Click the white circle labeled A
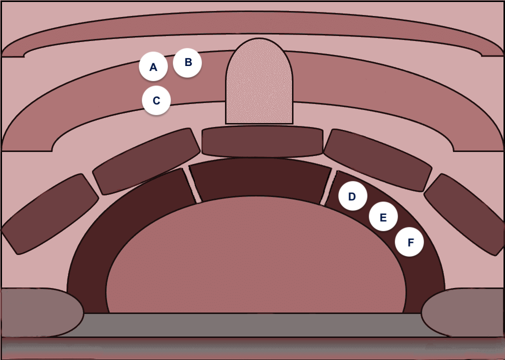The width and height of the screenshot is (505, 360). coord(153,66)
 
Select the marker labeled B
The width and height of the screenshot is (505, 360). coord(187,63)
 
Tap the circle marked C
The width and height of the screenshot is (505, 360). coord(156,100)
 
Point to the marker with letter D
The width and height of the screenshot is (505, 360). coord(352,196)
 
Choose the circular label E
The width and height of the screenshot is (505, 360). coord(383,216)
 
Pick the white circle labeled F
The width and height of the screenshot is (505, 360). coord(409,242)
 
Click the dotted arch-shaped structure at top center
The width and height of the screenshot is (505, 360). coord(259,81)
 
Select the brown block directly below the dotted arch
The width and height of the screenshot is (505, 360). coord(262,141)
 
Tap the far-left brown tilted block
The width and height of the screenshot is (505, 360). coord(49,214)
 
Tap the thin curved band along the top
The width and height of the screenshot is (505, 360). coord(252,22)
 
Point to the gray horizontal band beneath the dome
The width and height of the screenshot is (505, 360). coord(252,325)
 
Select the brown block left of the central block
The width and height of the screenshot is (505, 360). coord(146,161)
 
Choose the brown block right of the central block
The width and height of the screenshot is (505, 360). coord(378,160)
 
